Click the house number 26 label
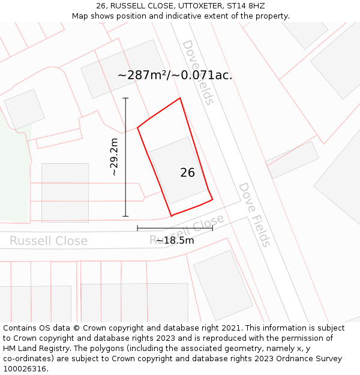coord(187,172)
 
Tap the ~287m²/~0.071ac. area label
coord(175,76)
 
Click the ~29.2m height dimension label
coord(114,157)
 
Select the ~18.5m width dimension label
coord(175,241)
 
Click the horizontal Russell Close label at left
coord(48,241)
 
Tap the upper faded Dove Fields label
coord(198,72)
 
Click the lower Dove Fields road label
coord(255,214)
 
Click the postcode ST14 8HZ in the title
coord(245,6)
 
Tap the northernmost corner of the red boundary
coord(180,98)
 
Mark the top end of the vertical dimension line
coord(125,98)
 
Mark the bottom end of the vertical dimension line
coord(125,216)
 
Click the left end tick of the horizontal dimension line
coord(137,228)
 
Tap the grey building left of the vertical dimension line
coord(65,192)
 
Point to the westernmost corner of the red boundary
coord(138,127)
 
